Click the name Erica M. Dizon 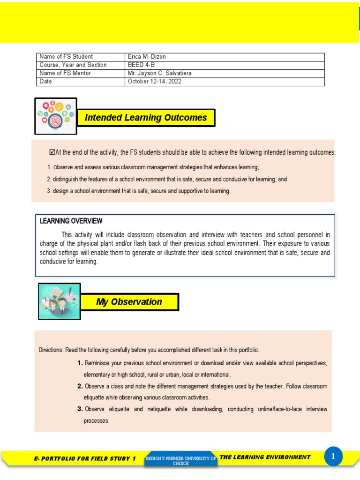tap(147, 57)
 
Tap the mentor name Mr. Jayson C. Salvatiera tap(159, 74)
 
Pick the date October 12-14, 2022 tap(154, 82)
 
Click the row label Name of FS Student tap(66, 57)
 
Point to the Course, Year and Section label tap(73, 65)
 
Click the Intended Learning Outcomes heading tap(146, 118)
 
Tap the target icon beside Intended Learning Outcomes tap(56, 116)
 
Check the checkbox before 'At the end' tap(52, 152)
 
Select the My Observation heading tap(129, 302)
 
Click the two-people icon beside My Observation tap(59, 301)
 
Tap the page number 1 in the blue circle tap(333, 456)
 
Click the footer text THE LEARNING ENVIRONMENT tap(265, 457)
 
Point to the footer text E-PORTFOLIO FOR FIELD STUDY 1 tap(85, 458)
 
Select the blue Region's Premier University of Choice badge tap(181, 460)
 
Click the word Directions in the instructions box tap(51, 350)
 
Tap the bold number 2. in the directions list tap(80, 386)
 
